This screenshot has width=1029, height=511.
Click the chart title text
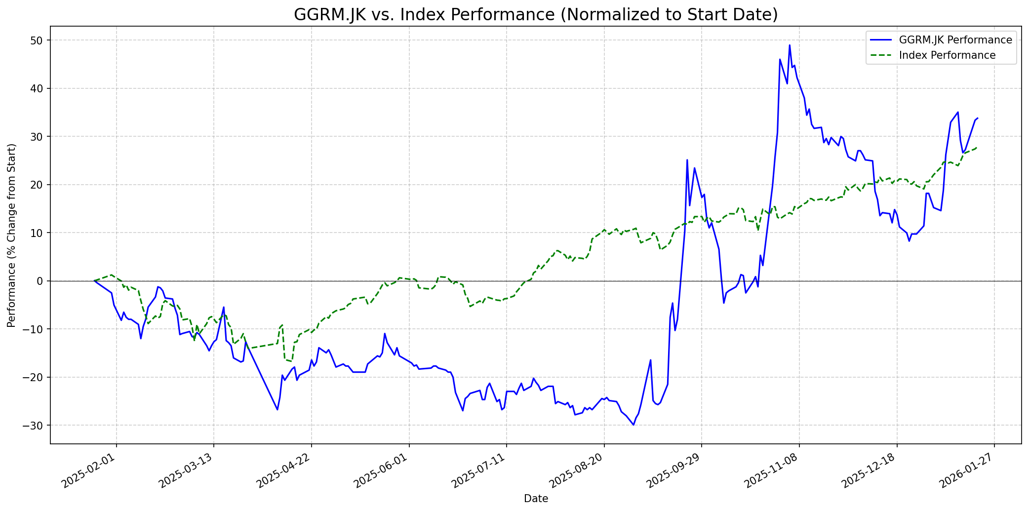pyautogui.click(x=536, y=15)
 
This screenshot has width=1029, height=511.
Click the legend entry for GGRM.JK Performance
pyautogui.click(x=955, y=40)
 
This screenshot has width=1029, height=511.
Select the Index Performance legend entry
pyautogui.click(x=947, y=55)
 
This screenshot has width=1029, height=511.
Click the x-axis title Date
pyautogui.click(x=536, y=499)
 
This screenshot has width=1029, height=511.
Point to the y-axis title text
pyautogui.click(x=11, y=235)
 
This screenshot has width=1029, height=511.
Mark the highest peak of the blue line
pyautogui.click(x=790, y=45)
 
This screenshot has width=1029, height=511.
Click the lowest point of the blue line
pyautogui.click(x=633, y=425)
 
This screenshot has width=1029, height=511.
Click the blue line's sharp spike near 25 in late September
pyautogui.click(x=687, y=159)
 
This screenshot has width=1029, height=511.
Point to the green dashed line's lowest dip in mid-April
pyautogui.click(x=291, y=361)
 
